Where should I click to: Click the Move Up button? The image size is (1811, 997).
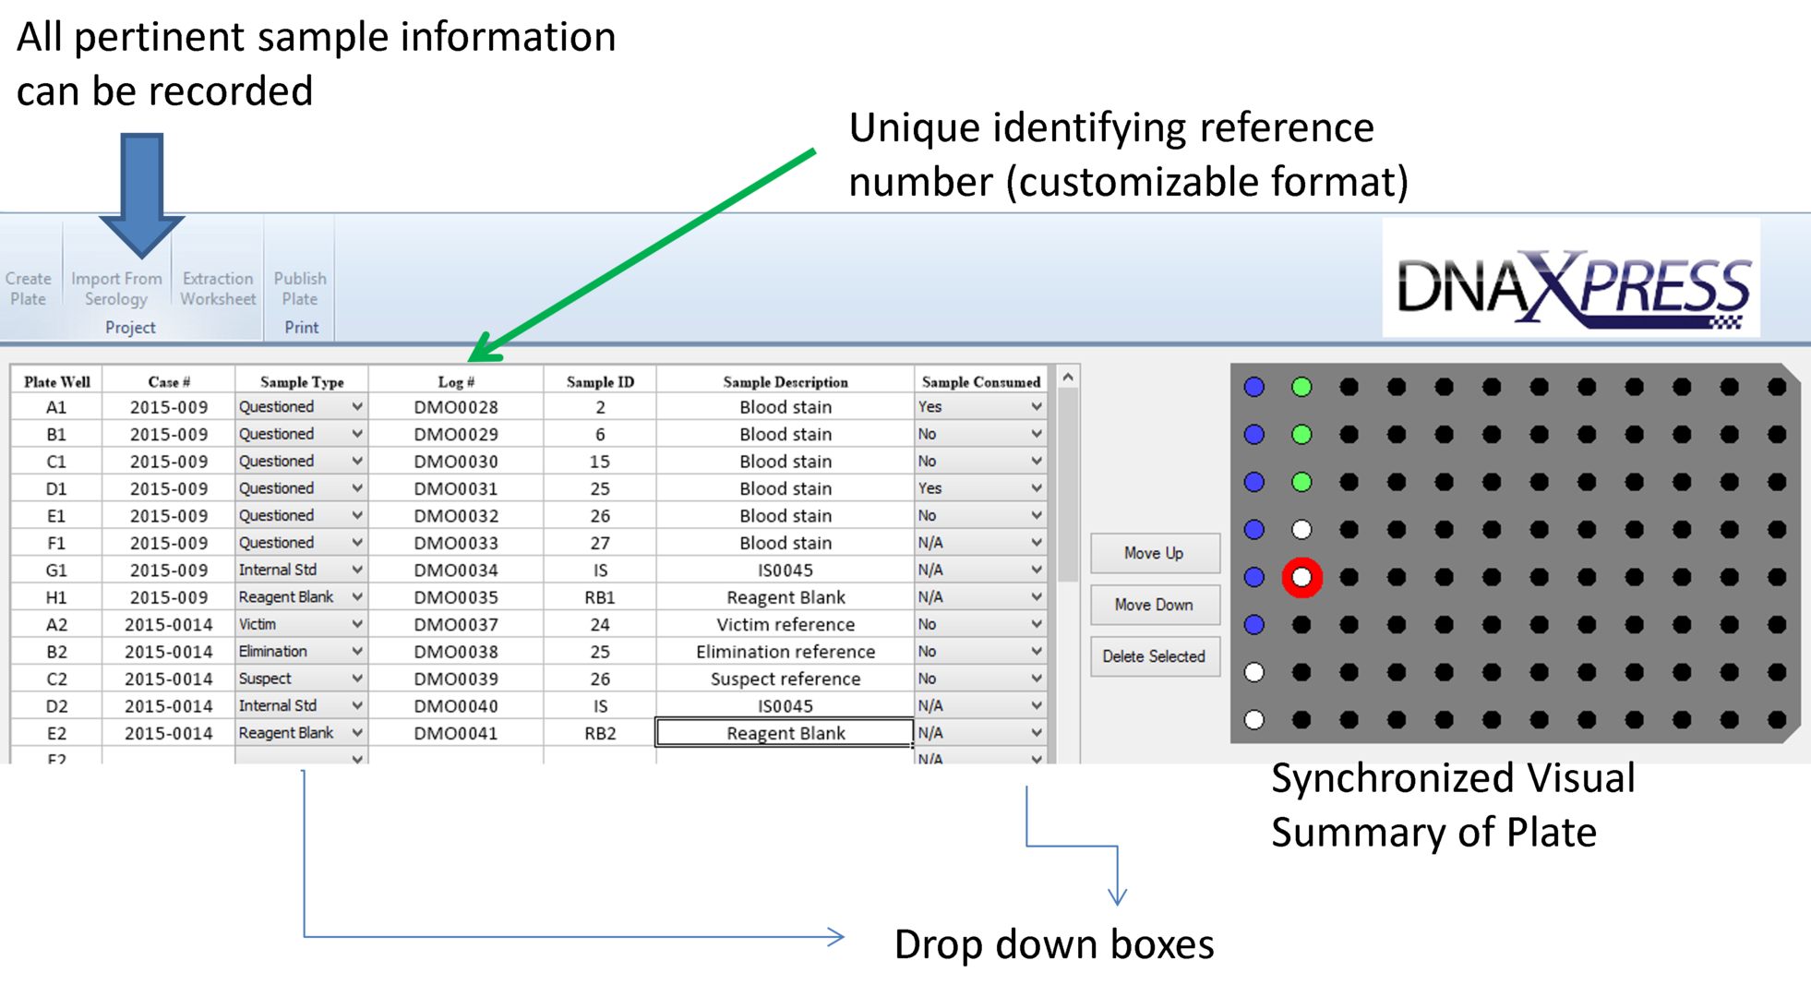pos(1154,553)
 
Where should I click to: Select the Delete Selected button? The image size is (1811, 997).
pos(1154,656)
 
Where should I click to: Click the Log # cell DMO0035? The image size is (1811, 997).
pos(456,597)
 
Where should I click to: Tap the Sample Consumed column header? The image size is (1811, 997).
pos(980,381)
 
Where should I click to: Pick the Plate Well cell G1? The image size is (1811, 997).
pos(56,570)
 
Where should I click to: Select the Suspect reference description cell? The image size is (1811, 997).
pos(785,679)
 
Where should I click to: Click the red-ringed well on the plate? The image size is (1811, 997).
pos(1301,578)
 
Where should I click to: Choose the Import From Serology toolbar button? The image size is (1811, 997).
pos(116,288)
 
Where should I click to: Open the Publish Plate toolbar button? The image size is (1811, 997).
pos(300,288)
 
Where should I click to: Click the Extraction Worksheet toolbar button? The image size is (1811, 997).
pos(218,288)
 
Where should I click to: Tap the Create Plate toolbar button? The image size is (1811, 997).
pos(29,288)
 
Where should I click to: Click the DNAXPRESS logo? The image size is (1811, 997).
pos(1571,286)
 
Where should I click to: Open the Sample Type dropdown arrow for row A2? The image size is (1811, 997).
pos(356,625)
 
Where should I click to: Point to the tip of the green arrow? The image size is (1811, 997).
pos(473,358)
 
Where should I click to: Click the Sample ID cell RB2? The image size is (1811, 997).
pos(600,733)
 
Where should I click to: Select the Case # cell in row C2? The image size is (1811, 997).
pos(168,679)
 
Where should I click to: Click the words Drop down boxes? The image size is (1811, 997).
pos(1053,944)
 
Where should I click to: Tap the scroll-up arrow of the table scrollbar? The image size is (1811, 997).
pos(1068,378)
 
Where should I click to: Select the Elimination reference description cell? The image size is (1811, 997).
pos(785,652)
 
